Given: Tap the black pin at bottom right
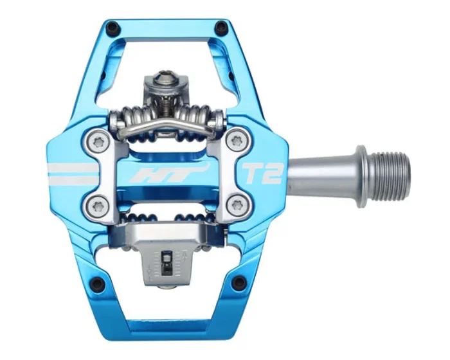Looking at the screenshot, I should pyautogui.click(x=239, y=281).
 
